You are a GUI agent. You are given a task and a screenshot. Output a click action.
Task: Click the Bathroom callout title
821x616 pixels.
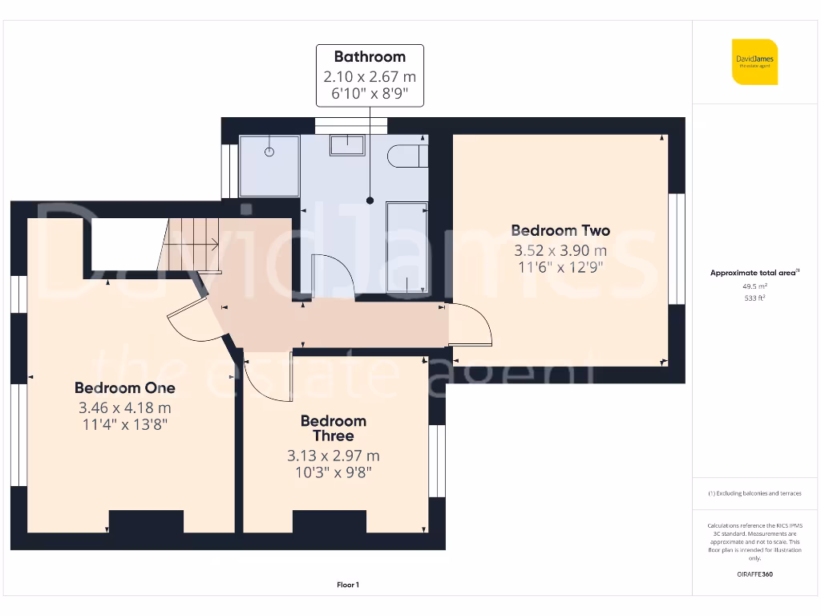click(370, 57)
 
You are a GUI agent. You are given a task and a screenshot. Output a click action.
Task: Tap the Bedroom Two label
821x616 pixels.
click(560, 231)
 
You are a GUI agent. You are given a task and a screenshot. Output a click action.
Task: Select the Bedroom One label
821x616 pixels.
click(124, 388)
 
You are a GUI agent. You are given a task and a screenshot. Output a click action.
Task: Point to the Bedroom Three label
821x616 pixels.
click(333, 428)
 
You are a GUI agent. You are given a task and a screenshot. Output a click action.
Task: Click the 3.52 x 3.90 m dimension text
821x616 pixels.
click(560, 250)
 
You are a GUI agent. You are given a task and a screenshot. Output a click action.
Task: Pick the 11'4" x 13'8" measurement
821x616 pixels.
click(124, 424)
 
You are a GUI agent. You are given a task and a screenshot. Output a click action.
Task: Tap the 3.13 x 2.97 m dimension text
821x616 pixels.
click(333, 456)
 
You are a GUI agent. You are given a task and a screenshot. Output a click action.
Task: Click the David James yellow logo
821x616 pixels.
click(754, 62)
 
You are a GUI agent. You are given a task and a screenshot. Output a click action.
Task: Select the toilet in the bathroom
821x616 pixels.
click(407, 156)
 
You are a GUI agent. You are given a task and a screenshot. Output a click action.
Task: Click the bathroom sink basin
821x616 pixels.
click(347, 145)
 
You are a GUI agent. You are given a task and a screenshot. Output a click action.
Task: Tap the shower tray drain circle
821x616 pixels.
click(270, 152)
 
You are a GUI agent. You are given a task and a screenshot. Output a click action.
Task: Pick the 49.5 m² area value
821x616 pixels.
click(754, 286)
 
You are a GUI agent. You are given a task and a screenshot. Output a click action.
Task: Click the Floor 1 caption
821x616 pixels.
click(348, 586)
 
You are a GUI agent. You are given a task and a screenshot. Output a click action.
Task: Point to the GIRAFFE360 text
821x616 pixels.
click(754, 574)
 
